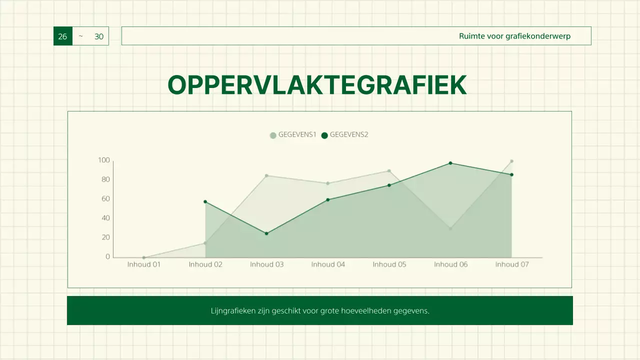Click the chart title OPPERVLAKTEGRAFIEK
point(317,85)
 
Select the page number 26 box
point(62,36)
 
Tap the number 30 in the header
point(99,36)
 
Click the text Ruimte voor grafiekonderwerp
point(514,36)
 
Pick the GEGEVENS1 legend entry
point(293,135)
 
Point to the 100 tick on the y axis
point(104,160)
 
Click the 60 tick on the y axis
point(105,199)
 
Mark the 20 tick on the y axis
point(105,237)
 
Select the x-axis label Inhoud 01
point(144,264)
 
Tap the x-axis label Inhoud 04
point(328,264)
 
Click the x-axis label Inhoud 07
point(512,264)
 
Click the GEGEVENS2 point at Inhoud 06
point(450,163)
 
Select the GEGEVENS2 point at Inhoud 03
point(266,233)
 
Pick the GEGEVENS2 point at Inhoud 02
point(205,201)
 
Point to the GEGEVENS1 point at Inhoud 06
point(450,229)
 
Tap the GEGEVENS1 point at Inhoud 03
point(266,175)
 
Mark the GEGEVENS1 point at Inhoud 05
point(389,171)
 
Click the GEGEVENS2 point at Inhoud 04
point(328,199)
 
